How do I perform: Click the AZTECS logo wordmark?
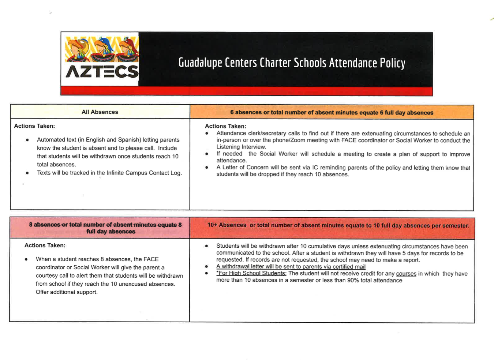click(102, 72)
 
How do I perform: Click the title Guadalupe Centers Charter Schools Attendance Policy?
click(292, 63)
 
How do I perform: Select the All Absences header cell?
click(100, 112)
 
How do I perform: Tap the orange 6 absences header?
click(332, 112)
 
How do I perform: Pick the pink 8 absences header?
click(105, 228)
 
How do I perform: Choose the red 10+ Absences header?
click(338, 225)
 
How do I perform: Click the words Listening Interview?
click(241, 147)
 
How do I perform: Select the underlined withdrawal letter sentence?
click(291, 267)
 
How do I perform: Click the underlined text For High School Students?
click(251, 273)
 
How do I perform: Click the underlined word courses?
click(406, 274)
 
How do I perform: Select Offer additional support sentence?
click(67, 292)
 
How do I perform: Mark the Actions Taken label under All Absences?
click(34, 126)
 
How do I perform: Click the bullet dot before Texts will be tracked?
click(27, 173)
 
